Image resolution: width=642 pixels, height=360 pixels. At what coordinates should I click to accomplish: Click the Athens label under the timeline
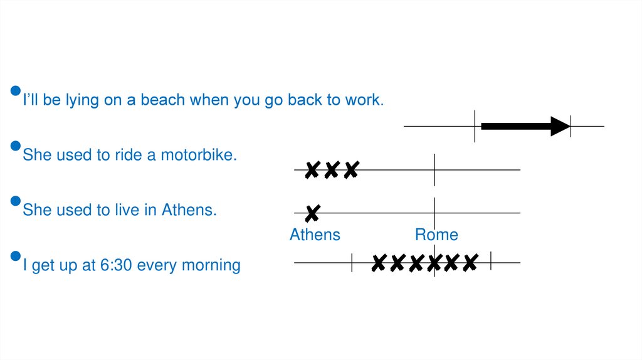(x=315, y=235)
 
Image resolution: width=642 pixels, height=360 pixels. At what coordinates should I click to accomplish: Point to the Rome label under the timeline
(x=436, y=235)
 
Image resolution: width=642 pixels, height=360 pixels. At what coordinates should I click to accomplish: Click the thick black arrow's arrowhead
(x=560, y=126)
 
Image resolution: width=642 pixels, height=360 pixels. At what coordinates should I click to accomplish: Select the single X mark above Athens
(x=312, y=214)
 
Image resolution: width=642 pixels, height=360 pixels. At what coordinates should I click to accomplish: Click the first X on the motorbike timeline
(x=312, y=169)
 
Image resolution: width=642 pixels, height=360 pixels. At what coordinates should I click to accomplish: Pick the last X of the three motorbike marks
(x=351, y=169)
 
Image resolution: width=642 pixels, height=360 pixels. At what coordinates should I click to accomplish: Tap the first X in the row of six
(x=378, y=263)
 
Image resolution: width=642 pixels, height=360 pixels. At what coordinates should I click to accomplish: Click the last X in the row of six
(x=470, y=263)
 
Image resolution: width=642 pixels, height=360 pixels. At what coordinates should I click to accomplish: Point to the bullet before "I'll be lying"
(x=16, y=92)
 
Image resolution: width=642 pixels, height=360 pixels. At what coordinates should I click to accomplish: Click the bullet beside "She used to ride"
(x=16, y=146)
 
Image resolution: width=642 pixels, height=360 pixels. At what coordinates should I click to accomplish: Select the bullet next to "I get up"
(x=16, y=257)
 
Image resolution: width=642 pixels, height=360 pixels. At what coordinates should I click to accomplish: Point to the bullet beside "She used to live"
(x=16, y=201)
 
